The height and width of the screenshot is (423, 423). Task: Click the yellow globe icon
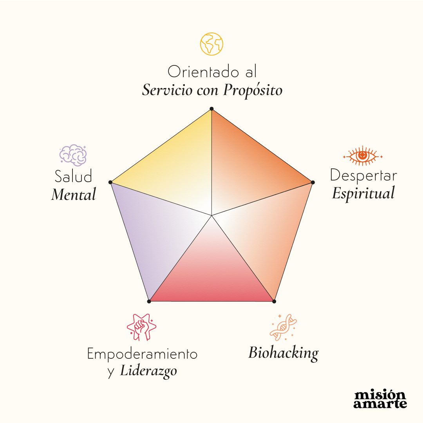click(x=211, y=44)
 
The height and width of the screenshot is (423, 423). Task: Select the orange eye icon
click(x=363, y=156)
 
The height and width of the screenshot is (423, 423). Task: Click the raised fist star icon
click(x=141, y=327)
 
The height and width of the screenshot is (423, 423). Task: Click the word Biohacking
click(x=283, y=353)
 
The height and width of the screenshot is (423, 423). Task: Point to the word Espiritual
click(x=363, y=193)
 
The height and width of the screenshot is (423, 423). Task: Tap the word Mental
click(x=74, y=194)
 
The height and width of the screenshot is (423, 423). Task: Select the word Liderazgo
click(x=148, y=371)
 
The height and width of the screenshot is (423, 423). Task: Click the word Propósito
click(x=253, y=91)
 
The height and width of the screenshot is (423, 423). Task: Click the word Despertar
click(x=363, y=175)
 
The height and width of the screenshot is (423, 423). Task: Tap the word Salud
click(x=73, y=176)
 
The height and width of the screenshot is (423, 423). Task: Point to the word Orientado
click(x=198, y=72)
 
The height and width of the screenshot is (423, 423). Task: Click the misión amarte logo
click(x=380, y=399)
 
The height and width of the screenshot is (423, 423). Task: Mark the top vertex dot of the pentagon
click(x=211, y=108)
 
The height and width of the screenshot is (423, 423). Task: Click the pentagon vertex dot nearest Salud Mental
click(x=110, y=182)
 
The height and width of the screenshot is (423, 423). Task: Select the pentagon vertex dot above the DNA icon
click(x=274, y=301)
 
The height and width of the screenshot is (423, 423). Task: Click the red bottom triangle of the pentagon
click(x=211, y=274)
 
